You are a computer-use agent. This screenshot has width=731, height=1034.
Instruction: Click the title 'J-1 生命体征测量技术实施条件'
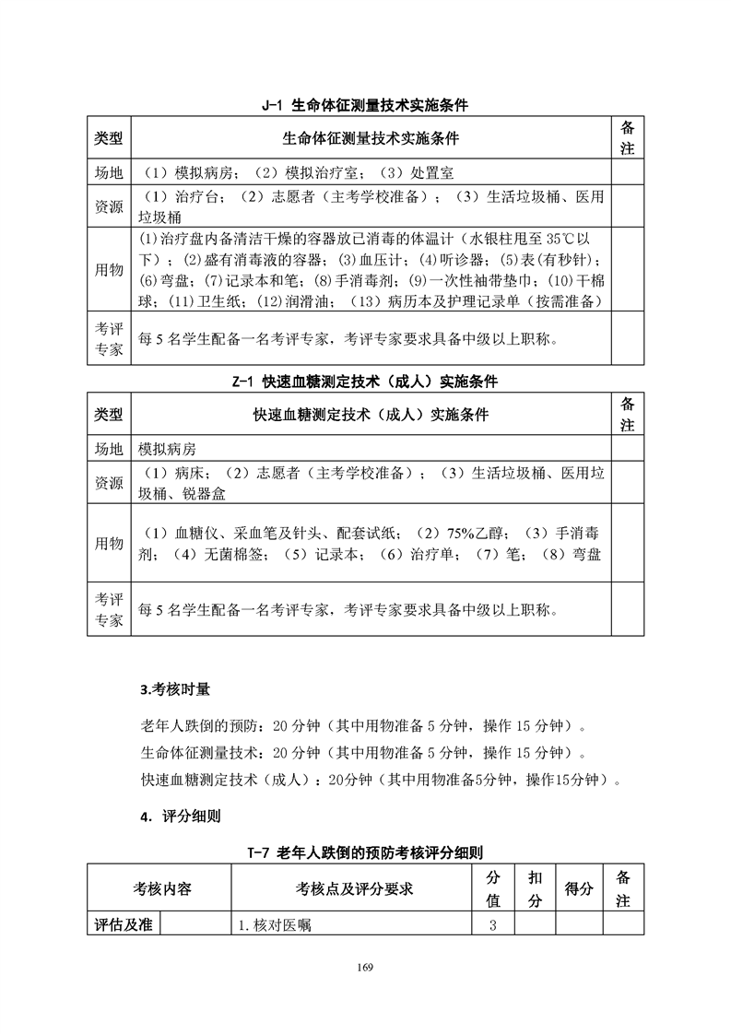(x=365, y=106)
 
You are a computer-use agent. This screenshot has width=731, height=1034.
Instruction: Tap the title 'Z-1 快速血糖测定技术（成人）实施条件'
(x=365, y=381)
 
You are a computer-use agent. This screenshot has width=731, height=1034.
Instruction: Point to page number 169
(x=365, y=967)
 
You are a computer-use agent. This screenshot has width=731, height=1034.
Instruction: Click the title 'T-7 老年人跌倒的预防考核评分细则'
(x=365, y=853)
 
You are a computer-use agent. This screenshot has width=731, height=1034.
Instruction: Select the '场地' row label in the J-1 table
(x=109, y=172)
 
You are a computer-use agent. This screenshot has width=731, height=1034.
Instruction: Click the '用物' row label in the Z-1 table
(x=109, y=544)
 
